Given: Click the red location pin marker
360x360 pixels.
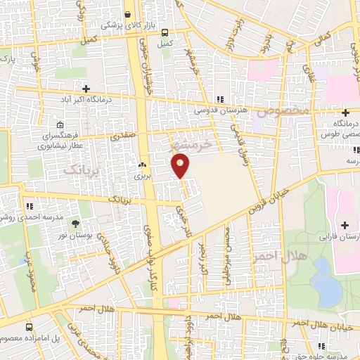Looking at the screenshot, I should click(181, 166).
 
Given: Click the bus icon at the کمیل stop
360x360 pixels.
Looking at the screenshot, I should click(165, 32).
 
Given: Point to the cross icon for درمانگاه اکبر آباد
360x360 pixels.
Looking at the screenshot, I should click(86, 89).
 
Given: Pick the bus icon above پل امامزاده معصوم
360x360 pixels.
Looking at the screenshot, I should click(29, 327).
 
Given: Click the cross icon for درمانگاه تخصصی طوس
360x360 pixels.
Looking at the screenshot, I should click(345, 113).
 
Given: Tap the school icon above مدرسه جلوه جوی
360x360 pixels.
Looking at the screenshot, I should click(320, 346).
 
